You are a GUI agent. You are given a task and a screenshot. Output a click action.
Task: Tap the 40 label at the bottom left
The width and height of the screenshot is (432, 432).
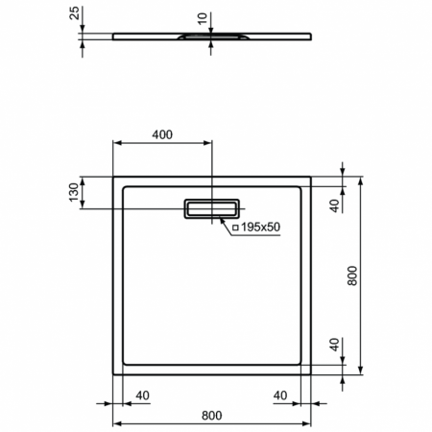tap(142, 394)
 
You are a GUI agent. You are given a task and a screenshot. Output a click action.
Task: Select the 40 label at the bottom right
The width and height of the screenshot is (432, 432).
tap(281, 394)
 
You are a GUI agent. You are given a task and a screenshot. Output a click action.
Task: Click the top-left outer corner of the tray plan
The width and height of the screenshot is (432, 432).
tap(115, 177)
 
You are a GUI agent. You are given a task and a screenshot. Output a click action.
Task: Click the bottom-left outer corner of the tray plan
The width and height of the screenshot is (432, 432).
tap(115, 374)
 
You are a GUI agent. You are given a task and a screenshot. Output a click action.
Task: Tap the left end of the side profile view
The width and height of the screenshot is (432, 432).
tap(114, 37)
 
